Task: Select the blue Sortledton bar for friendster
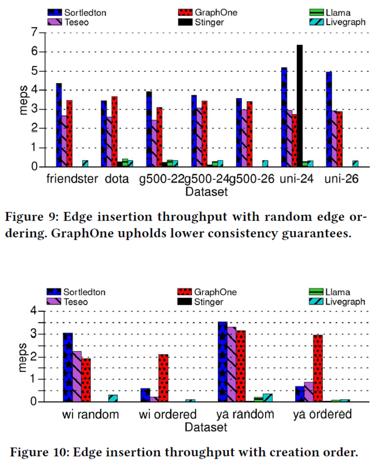pyautogui.click(x=59, y=125)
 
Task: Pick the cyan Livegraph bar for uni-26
pyautogui.click(x=355, y=164)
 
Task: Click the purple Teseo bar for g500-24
pyautogui.click(x=199, y=137)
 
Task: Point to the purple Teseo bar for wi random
pyautogui.click(x=77, y=376)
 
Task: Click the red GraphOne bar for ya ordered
pyautogui.click(x=318, y=368)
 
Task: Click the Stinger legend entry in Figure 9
pyautogui.click(x=209, y=22)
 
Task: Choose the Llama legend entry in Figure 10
pyautogui.click(x=337, y=292)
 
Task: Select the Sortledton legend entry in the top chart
pyautogui.click(x=85, y=13)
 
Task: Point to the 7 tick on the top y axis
pyautogui.click(x=34, y=32)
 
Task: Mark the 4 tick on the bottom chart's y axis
pyautogui.click(x=34, y=311)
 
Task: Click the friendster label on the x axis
pyautogui.click(x=72, y=179)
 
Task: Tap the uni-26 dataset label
pyautogui.click(x=341, y=179)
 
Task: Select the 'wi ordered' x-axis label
pyautogui.click(x=168, y=414)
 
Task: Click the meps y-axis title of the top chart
pyautogui.click(x=23, y=100)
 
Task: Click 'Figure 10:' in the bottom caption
pyautogui.click(x=39, y=452)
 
